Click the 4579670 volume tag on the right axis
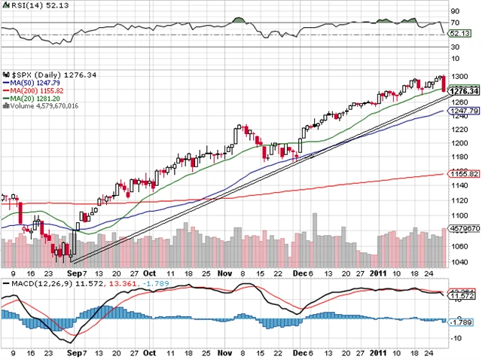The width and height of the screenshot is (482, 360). pyautogui.click(x=466, y=227)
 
